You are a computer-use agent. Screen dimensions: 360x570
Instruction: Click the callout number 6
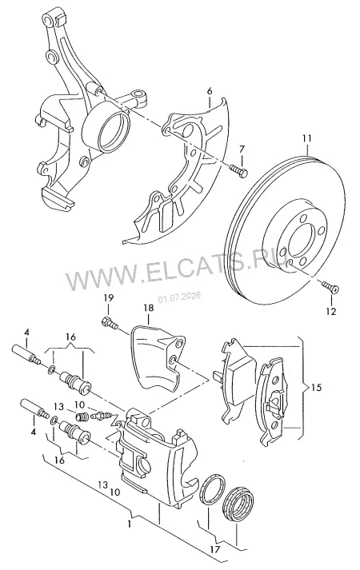pos(210,91)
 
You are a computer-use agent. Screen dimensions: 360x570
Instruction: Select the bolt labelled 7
pos(238,169)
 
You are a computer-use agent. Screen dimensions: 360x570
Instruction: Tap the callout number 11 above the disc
pos(306,138)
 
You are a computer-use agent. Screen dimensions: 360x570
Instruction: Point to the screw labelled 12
pos(330,286)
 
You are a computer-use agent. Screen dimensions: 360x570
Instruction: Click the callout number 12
pos(331,311)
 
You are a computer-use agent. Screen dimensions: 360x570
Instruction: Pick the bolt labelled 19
pos(110,322)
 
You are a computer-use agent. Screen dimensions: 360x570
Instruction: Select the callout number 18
pos(148,308)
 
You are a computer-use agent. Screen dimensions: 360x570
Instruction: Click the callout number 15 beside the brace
pos(316,388)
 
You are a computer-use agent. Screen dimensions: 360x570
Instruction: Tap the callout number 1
pos(129,524)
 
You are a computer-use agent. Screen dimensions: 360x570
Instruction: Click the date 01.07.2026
pos(179,297)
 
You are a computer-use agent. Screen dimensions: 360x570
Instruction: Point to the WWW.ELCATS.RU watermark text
pos(175,269)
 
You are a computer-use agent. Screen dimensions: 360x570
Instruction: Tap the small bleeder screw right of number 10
pos(101,416)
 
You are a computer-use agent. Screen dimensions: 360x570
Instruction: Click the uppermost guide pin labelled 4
pos(26,353)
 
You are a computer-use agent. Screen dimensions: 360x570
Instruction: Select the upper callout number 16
pos(71,337)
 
